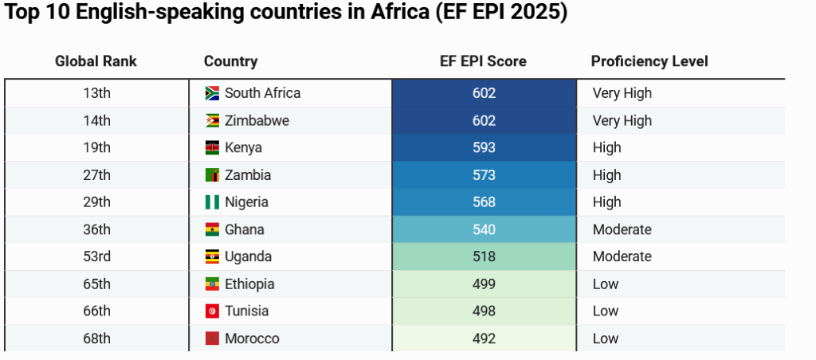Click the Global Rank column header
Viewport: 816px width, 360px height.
pos(96,61)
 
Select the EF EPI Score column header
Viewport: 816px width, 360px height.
pos(483,61)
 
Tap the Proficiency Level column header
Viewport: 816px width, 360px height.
pos(649,61)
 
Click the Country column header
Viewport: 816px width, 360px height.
pos(230,61)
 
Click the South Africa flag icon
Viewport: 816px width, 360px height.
pos(212,93)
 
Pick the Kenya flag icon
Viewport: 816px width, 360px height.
pos(212,148)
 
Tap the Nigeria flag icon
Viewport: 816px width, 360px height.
pos(212,202)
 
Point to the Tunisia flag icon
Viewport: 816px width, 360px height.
pos(212,311)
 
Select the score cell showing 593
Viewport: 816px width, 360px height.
pos(484,148)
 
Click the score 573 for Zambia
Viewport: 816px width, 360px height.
pos(484,175)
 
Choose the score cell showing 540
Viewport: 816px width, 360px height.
pos(484,229)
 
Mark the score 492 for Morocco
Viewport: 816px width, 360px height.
pos(484,338)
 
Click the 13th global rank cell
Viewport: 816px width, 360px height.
pos(96,93)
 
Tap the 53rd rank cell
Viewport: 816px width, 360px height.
pos(96,256)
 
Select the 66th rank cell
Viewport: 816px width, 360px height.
pos(96,311)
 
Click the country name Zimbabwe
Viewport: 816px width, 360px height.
pos(257,121)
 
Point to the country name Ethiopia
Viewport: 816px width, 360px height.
pos(249,284)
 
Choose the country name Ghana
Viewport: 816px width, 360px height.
pos(244,229)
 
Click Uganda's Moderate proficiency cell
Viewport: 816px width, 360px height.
pos(622,256)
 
